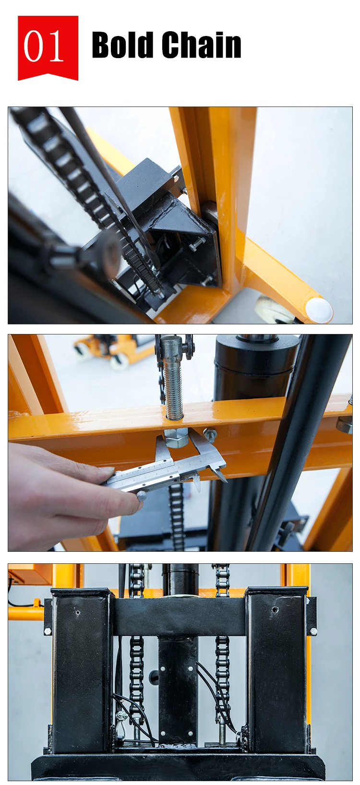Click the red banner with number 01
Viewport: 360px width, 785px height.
[48, 48]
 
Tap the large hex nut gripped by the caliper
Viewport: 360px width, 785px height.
[176, 438]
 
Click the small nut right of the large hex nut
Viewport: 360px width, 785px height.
[210, 435]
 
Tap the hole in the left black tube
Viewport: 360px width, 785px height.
[77, 613]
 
